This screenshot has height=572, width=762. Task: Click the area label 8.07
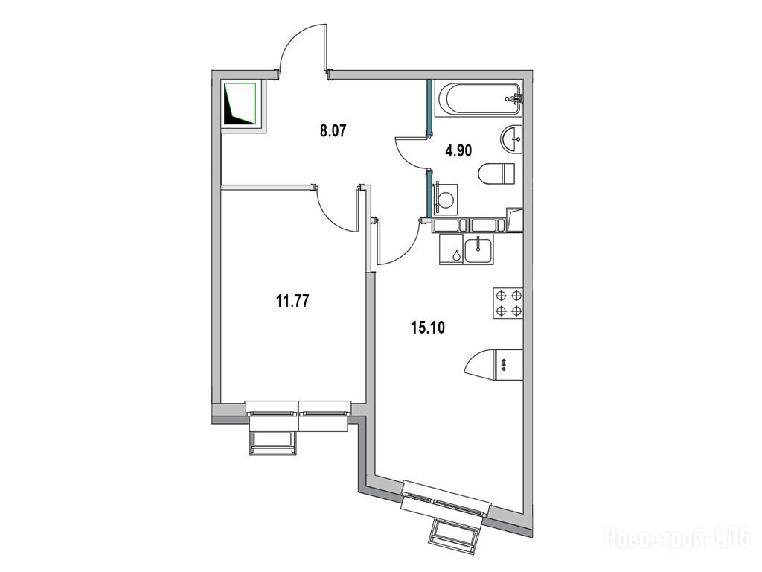point(333,131)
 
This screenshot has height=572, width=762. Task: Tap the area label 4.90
point(458,150)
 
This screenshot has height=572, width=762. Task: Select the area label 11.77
point(292,302)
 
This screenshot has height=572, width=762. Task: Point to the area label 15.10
point(428,328)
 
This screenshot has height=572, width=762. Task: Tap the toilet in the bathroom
point(496,173)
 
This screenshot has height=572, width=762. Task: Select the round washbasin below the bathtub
point(511,139)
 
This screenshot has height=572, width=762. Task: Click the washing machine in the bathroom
point(446,198)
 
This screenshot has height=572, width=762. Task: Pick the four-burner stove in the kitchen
point(508,303)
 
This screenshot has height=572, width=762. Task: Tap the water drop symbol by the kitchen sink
point(457,255)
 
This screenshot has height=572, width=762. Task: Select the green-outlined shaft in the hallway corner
point(240,104)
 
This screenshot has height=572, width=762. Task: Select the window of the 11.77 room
point(298,416)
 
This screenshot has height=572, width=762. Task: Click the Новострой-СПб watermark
point(678,538)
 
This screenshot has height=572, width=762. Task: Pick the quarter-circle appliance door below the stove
point(480,363)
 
